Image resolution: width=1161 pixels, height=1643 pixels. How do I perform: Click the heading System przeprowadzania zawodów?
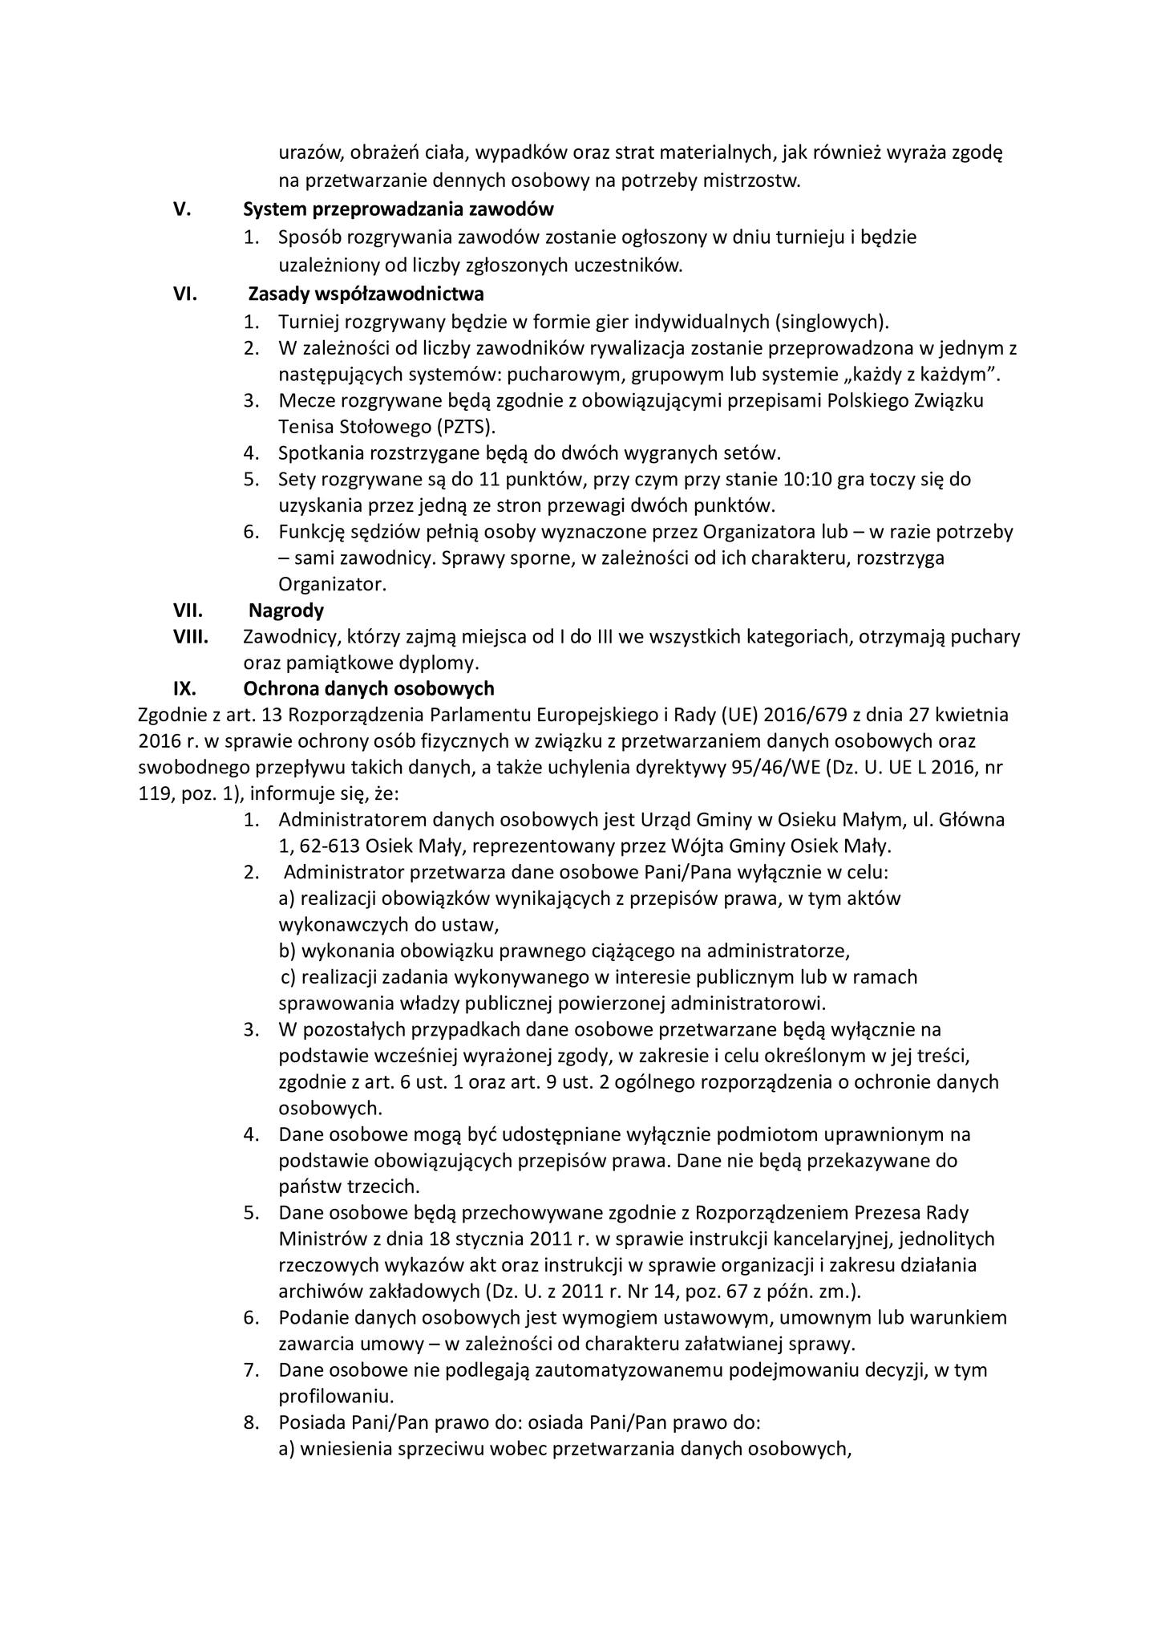[x=398, y=210]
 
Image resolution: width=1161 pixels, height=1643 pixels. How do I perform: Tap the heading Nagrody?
[x=286, y=611]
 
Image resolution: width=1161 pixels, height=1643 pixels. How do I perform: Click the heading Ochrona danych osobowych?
[x=369, y=689]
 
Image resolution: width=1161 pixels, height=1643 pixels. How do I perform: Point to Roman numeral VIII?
[x=191, y=637]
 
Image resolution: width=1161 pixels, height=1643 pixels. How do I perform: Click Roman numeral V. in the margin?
[x=182, y=210]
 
